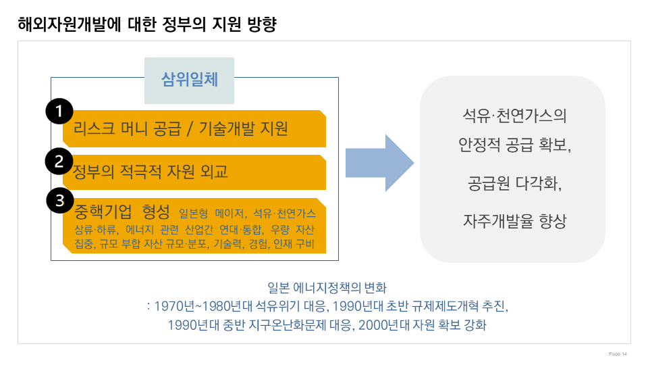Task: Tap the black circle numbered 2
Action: tap(59, 161)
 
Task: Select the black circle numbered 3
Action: tap(59, 200)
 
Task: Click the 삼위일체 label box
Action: tap(189, 80)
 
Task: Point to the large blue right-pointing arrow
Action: tap(379, 163)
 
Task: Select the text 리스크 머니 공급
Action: tap(127, 129)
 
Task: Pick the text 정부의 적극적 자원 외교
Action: tap(150, 171)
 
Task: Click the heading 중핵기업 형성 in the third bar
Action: tap(122, 212)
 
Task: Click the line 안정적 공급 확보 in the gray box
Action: tap(513, 145)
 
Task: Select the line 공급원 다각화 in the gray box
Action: tap(513, 183)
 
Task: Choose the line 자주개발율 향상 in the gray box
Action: tap(513, 220)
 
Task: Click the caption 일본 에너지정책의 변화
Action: tap(327, 287)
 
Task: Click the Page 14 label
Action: tap(618, 354)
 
